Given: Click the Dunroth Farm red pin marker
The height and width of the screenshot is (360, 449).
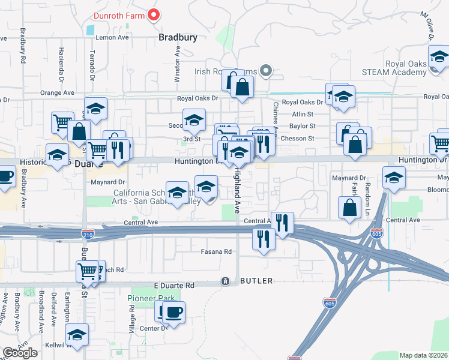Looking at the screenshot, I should (154, 15).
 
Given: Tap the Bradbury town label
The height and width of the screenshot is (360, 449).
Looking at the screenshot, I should (178, 37).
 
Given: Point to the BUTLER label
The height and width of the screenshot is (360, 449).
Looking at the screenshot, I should (256, 281).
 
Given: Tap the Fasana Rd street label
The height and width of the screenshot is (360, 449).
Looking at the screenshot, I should (216, 252).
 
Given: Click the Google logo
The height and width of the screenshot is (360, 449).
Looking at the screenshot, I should (20, 353).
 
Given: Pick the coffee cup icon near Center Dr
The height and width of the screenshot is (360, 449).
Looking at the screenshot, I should (173, 313).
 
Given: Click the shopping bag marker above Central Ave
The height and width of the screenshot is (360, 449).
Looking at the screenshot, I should (349, 208).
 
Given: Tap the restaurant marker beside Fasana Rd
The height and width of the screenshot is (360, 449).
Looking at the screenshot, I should (263, 239).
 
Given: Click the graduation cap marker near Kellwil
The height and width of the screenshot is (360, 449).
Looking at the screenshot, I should (76, 334).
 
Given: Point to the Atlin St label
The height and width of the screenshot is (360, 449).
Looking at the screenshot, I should (303, 114).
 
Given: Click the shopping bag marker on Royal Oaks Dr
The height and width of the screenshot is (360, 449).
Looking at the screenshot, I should (241, 88).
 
